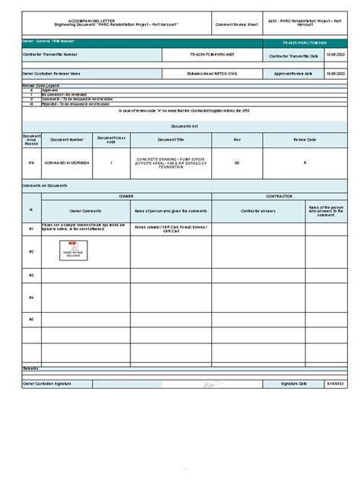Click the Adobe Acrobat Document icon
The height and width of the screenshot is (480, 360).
(73, 250)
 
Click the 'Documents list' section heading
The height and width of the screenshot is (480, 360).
(185, 125)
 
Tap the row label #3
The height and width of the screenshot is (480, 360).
(31, 275)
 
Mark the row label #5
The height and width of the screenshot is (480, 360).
(31, 319)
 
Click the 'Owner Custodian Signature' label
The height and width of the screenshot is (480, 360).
(47, 384)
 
